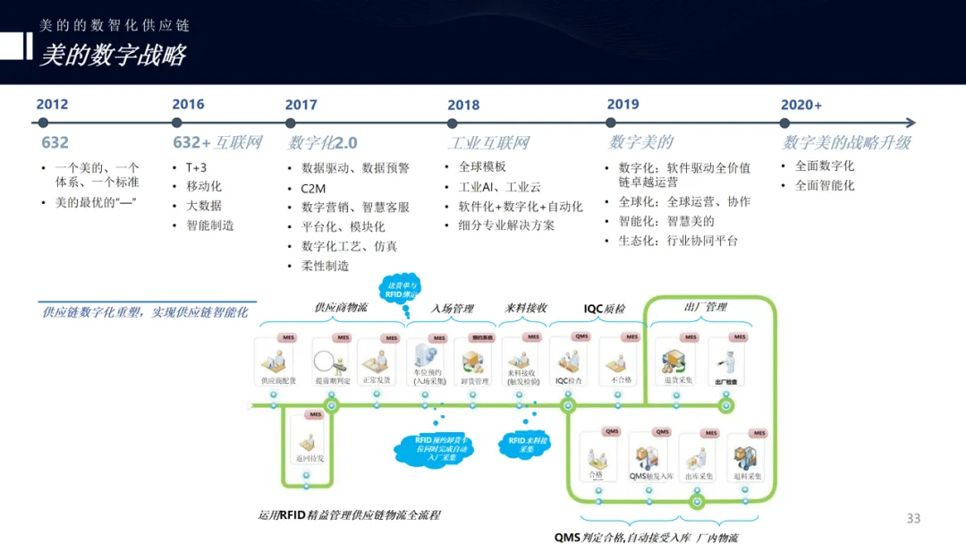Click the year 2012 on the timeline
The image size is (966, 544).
pyautogui.click(x=52, y=105)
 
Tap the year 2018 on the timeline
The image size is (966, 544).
pyautogui.click(x=463, y=106)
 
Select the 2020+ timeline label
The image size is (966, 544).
pyautogui.click(x=801, y=106)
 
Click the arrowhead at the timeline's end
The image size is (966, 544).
pyautogui.click(x=910, y=123)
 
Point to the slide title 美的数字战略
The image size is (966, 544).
pyautogui.click(x=113, y=55)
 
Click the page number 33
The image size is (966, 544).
pyautogui.click(x=913, y=518)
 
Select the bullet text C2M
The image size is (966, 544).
pyautogui.click(x=313, y=188)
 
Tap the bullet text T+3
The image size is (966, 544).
pyautogui.click(x=196, y=167)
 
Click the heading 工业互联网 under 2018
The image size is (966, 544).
pyautogui.click(x=488, y=143)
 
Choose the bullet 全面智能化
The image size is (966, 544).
pyautogui.click(x=825, y=185)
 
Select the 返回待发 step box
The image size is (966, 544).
pyautogui.click(x=309, y=440)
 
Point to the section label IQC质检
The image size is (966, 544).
pyautogui.click(x=605, y=309)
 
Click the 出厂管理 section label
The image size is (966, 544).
pyautogui.click(x=705, y=307)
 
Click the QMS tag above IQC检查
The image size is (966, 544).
pyautogui.click(x=581, y=337)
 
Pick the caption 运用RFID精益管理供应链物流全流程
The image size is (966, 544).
pyautogui.click(x=350, y=514)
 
